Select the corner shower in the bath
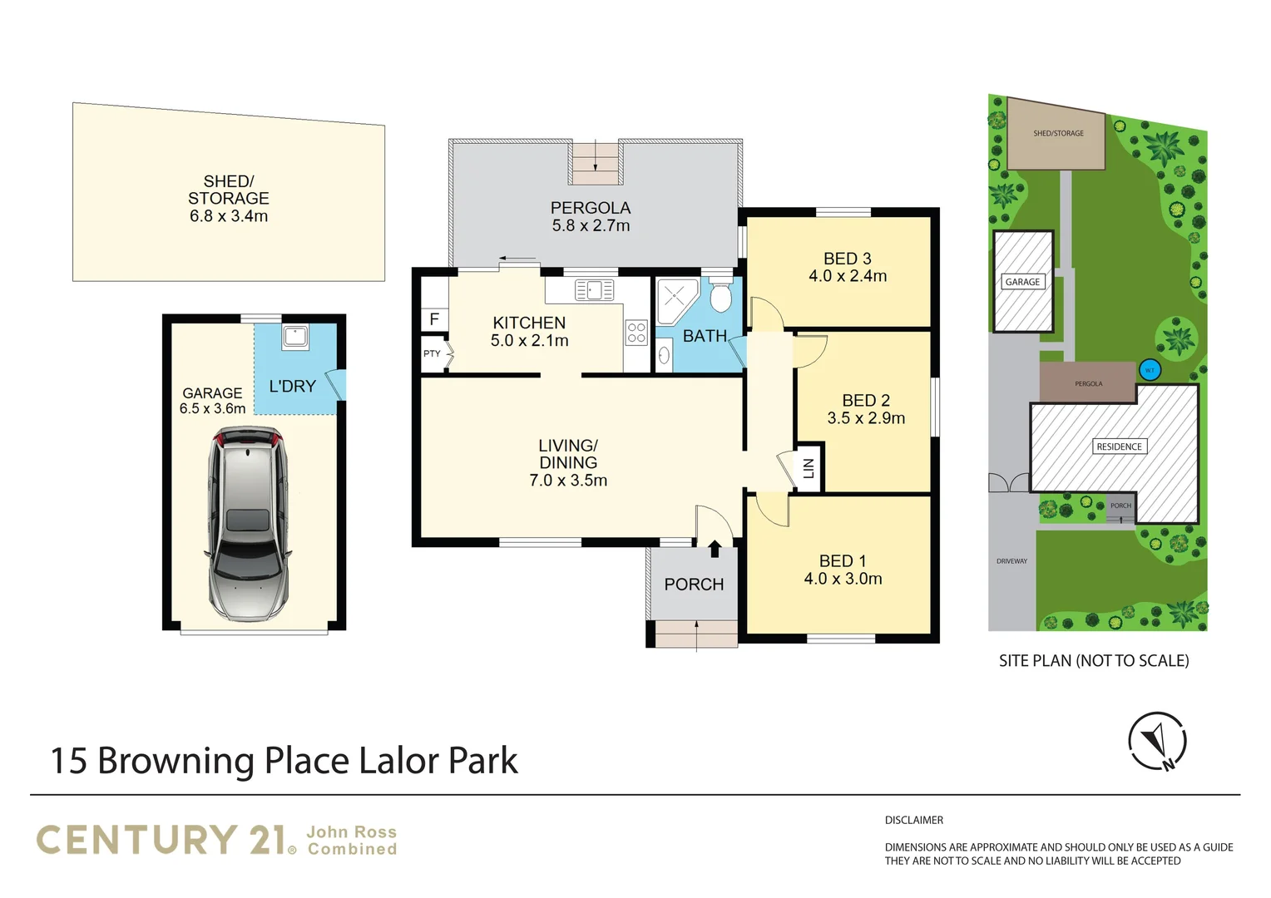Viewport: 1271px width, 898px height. coord(677,301)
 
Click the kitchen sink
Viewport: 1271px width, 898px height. coord(594,289)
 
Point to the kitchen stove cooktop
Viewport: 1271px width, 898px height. coord(636,333)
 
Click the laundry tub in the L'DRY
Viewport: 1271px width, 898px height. coord(295,337)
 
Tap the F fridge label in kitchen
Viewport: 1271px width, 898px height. coord(434,319)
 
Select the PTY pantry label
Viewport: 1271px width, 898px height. coord(432,353)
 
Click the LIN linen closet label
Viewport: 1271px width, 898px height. coord(809,468)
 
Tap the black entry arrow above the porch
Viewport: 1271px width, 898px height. coord(715,549)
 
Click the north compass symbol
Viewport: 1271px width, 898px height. coord(1157,742)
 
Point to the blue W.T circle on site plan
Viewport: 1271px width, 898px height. coord(1150,371)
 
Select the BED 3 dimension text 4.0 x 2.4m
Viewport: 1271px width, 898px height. coord(848,276)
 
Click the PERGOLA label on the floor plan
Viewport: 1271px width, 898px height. coord(591,208)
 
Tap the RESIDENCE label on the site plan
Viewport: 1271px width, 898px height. coord(1119,447)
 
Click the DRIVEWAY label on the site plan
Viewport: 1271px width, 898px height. coord(1011,561)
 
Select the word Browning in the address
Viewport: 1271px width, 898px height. coord(176,762)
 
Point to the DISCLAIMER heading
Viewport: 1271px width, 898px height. coord(913,820)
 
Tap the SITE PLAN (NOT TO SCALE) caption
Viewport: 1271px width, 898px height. coord(1094,661)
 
